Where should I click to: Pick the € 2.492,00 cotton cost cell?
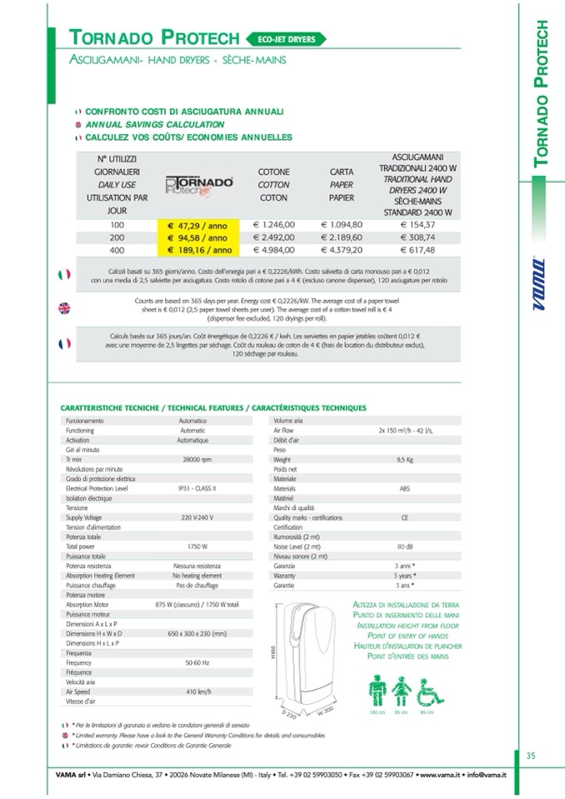tap(273, 237)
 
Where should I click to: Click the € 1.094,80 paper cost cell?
tap(342, 224)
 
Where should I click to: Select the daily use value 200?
tap(116, 237)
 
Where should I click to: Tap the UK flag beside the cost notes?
tap(63, 307)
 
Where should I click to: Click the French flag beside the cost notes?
tap(63, 342)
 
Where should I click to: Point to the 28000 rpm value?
tap(197, 459)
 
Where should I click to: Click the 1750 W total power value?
tap(197, 547)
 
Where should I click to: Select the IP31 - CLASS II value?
tap(197, 488)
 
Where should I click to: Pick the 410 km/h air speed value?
tap(197, 692)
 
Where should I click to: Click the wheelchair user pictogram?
tap(427, 691)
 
